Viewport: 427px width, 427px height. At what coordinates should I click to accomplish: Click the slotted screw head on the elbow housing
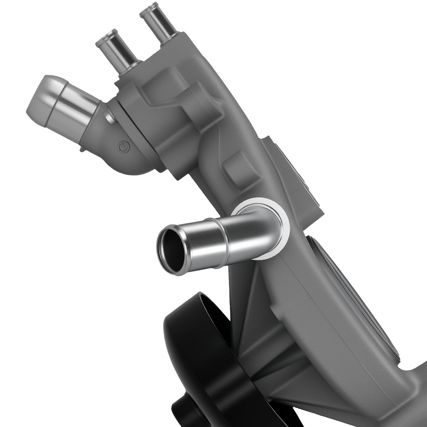click(123, 146)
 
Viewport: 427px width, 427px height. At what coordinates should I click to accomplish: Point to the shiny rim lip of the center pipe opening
click(162, 256)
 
